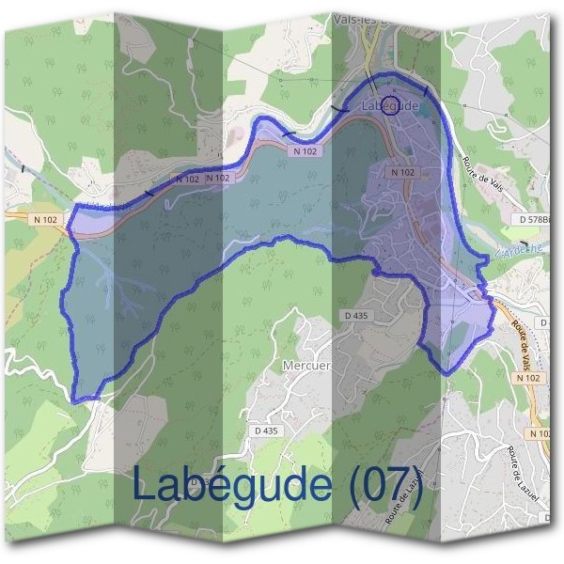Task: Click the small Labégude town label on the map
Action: pyautogui.click(x=388, y=105)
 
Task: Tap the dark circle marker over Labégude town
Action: pyautogui.click(x=392, y=103)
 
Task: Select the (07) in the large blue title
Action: pyautogui.click(x=386, y=485)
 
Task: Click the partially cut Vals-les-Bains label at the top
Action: pyautogui.click(x=368, y=19)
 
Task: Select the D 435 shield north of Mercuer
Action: pyautogui.click(x=355, y=316)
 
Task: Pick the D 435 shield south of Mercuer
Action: pyautogui.click(x=267, y=431)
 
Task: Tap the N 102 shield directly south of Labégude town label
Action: pyautogui.click(x=402, y=172)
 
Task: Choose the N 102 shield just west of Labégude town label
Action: pyautogui.click(x=305, y=150)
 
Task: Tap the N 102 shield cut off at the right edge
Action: pyautogui.click(x=540, y=433)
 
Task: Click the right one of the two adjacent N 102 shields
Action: pyautogui.click(x=217, y=178)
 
